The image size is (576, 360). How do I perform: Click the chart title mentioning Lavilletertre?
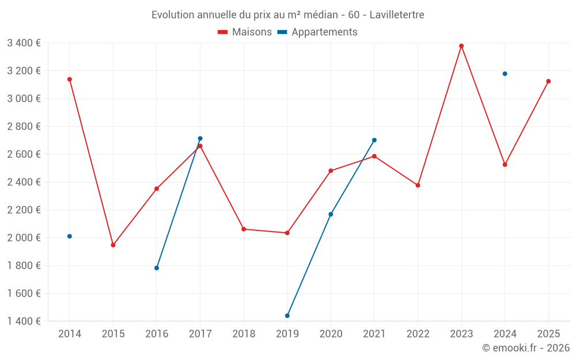(287, 14)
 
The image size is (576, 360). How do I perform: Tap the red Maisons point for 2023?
(461, 46)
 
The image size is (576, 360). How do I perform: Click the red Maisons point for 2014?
(70, 79)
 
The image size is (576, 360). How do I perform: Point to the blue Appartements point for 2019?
(287, 316)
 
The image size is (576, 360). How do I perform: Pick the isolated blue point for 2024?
(505, 74)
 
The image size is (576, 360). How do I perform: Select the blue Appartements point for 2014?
(70, 236)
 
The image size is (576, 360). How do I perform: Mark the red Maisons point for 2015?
(113, 245)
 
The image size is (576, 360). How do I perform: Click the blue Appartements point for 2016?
(157, 268)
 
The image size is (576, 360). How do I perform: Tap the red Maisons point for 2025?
(548, 81)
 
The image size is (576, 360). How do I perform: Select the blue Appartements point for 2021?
(374, 140)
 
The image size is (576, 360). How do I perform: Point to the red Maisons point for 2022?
(418, 185)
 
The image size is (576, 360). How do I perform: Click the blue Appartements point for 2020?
(331, 214)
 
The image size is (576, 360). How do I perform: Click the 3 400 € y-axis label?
(24, 43)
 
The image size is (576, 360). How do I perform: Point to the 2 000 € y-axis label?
(24, 238)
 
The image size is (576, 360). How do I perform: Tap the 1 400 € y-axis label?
(24, 321)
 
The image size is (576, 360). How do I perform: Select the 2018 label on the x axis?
(244, 334)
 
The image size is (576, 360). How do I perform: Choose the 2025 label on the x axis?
(548, 334)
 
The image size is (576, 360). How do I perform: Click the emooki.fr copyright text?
(525, 348)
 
